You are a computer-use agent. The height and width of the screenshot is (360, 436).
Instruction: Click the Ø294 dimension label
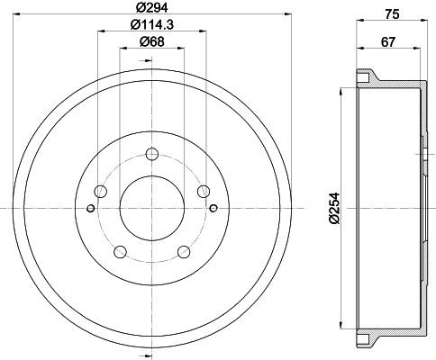(151, 7)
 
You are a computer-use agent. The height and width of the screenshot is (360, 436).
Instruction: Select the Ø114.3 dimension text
(150, 25)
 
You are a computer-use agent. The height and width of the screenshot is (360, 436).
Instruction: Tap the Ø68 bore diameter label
(150, 42)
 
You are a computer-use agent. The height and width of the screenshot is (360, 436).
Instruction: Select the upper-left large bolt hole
(100, 191)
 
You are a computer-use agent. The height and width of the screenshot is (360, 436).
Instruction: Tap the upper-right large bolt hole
(204, 191)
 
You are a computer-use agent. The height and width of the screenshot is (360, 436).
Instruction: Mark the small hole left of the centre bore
(89, 210)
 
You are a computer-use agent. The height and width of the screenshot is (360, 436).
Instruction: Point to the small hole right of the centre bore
(214, 210)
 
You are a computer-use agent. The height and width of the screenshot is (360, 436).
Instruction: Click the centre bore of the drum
(151, 210)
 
